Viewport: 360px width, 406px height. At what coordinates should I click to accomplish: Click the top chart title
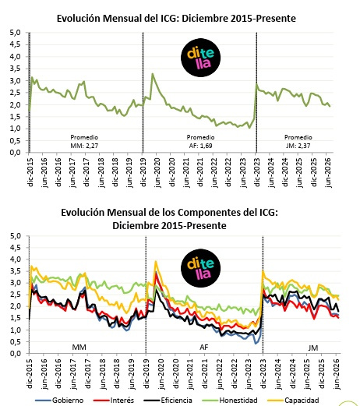[176, 19]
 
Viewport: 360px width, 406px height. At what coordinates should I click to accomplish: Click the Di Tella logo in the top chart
[200, 58]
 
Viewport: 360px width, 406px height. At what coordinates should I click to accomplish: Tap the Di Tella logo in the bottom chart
[200, 268]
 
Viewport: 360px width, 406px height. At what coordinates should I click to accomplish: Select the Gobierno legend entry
[59, 401]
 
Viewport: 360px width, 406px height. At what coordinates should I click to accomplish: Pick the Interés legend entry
[114, 401]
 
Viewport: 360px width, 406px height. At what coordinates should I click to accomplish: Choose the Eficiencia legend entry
[168, 401]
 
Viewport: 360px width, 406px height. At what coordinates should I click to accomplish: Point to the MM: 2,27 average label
[84, 146]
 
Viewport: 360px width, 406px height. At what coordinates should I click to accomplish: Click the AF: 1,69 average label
[200, 146]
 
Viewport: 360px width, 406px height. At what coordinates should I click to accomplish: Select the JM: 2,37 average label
[298, 146]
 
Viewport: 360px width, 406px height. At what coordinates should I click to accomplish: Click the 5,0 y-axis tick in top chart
[15, 33]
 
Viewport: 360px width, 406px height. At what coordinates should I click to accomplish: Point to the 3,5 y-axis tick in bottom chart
[15, 271]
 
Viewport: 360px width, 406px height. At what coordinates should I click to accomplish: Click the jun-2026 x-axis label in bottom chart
[337, 374]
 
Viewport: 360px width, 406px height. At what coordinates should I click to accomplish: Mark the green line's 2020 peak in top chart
[153, 74]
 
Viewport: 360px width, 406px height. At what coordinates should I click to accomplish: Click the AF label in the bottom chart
[204, 348]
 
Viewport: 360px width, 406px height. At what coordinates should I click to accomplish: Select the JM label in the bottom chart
[313, 348]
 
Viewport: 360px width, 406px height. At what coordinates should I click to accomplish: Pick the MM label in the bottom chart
[79, 348]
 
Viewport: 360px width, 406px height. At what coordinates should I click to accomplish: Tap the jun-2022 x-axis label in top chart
[214, 172]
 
